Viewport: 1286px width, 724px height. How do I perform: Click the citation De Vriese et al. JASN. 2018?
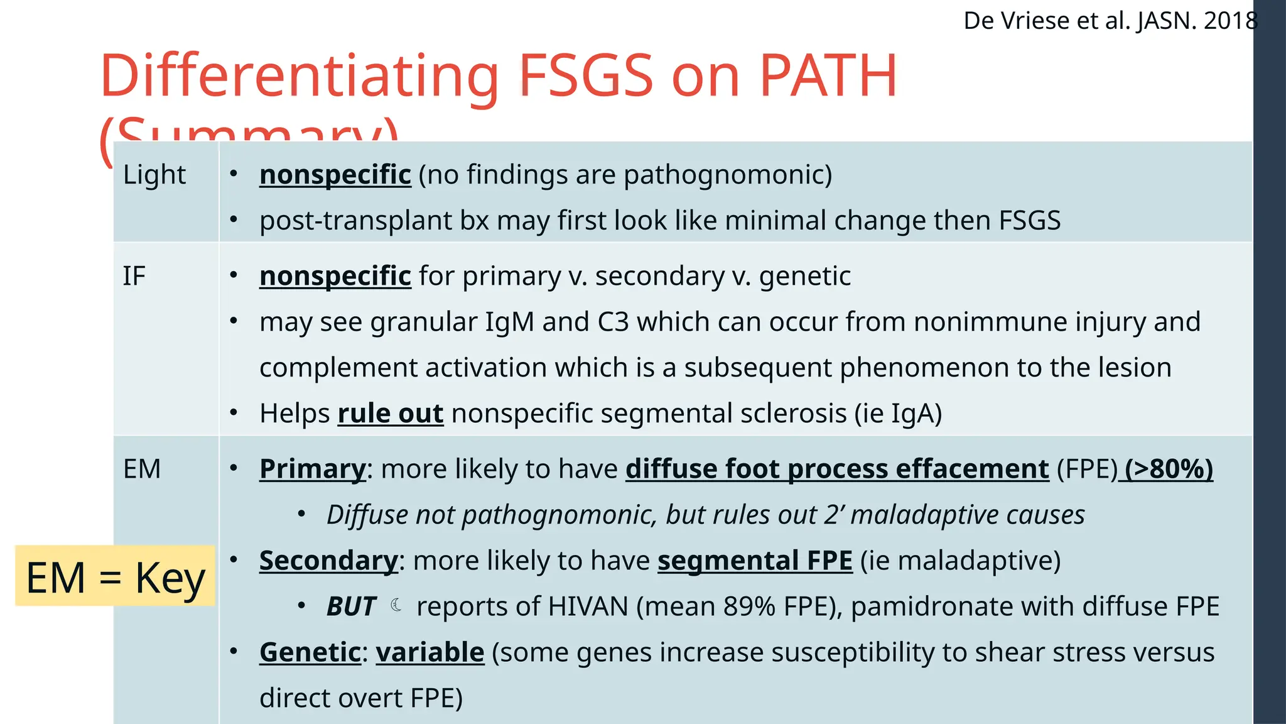tap(1110, 21)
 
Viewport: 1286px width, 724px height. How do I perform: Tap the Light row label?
tap(154, 175)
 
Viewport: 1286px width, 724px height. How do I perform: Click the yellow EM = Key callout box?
tap(116, 576)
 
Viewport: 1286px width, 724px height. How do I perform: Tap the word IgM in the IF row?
tap(509, 322)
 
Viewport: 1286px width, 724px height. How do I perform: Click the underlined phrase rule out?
tap(391, 414)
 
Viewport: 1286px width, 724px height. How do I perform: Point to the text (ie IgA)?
tap(898, 414)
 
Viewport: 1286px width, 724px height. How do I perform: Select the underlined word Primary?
tap(312, 469)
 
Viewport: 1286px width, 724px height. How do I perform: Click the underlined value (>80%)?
tap(1169, 469)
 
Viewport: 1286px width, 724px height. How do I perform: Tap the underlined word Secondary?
tap(328, 561)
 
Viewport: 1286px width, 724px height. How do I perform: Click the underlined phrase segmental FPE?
tap(755, 561)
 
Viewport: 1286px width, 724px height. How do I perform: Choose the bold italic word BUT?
tap(351, 606)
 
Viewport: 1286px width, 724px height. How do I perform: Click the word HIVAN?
tap(588, 606)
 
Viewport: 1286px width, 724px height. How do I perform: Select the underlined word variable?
tap(430, 652)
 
